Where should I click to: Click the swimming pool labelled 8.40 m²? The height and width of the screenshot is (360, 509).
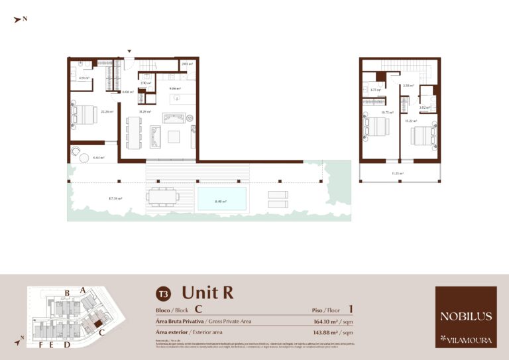221,198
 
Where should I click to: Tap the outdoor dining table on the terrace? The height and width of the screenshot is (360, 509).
163,196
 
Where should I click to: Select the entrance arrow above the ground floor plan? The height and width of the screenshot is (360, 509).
130,51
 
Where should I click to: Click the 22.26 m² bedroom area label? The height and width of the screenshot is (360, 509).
106,111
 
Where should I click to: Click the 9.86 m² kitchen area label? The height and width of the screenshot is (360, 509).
175,88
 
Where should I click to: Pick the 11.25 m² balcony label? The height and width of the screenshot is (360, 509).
398,173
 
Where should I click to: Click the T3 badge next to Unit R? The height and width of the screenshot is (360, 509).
163,293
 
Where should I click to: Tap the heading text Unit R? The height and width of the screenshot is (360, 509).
207,292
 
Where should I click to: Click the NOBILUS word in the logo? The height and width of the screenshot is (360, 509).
466,316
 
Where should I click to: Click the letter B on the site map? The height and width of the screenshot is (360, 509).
67,292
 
